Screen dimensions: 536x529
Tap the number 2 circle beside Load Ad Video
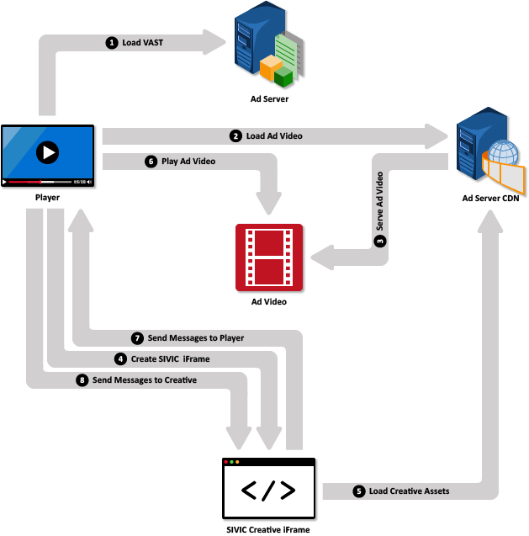[x=236, y=135]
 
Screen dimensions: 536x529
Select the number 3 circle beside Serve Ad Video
[x=380, y=241]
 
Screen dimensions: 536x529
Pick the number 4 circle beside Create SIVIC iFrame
[x=121, y=358]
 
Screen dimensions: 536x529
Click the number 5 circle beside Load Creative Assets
[x=359, y=491]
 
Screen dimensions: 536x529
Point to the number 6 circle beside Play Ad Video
[x=151, y=162]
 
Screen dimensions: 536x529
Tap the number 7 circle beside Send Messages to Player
[x=138, y=337]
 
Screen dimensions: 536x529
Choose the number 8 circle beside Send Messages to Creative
[x=82, y=380]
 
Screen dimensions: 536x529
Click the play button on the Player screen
[x=47, y=152]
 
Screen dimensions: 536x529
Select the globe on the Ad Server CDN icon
[x=503, y=155]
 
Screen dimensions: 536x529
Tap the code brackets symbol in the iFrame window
[x=268, y=491]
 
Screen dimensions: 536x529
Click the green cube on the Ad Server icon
[x=283, y=78]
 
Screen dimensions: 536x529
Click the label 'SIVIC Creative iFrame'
[x=268, y=529]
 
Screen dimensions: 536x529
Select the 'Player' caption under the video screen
[x=47, y=197]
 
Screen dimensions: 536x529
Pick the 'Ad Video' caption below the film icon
[x=269, y=301]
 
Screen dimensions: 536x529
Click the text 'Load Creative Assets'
[x=409, y=491]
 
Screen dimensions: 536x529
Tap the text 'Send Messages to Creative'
[x=144, y=380]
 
